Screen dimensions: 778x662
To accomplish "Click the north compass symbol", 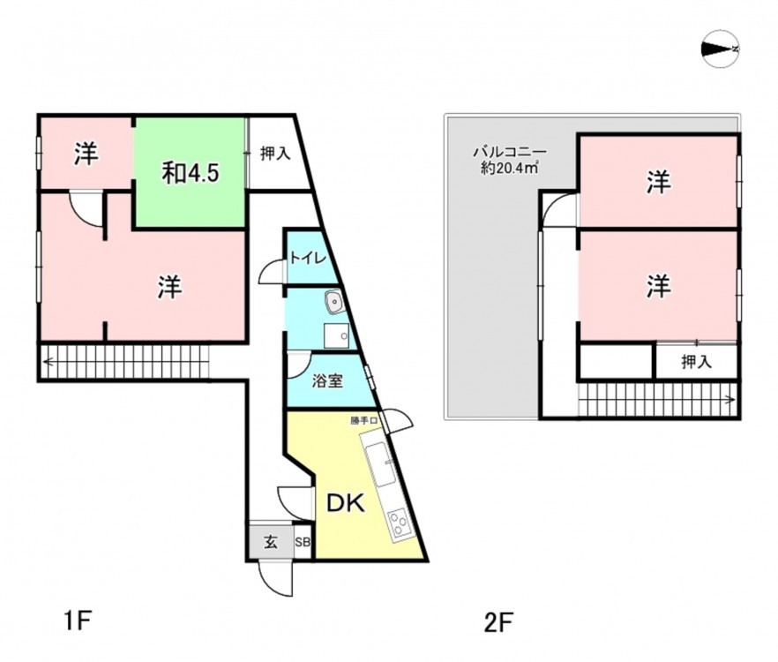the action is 721,49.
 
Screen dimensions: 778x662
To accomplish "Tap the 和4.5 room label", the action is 191,173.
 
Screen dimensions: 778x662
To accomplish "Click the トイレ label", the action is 308,259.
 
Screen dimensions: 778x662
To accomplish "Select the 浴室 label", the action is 327,381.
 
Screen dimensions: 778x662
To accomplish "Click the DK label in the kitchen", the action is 346,504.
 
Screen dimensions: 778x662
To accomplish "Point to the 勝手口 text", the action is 364,421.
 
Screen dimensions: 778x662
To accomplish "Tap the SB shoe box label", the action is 303,542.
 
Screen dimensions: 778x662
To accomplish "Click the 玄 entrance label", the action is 271,542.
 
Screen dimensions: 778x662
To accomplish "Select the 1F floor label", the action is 79,621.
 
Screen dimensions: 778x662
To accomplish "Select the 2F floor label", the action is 498,623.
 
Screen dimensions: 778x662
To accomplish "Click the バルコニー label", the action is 510,151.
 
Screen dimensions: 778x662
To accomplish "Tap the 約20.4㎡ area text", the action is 510,169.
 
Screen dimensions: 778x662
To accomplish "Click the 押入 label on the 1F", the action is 275,154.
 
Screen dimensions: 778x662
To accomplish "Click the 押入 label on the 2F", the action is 697,362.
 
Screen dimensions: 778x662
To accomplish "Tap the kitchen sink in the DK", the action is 381,465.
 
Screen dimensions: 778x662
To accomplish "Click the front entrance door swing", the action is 275,578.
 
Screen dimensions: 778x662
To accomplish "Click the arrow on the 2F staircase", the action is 657,400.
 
